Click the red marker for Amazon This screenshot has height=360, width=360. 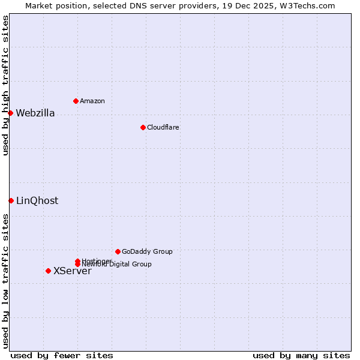(76, 101)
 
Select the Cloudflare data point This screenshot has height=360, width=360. (143, 127)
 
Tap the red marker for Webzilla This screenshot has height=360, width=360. (10, 113)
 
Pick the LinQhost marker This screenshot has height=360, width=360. (11, 200)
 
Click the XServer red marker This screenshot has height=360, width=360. (48, 271)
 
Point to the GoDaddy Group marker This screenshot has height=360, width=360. (118, 251)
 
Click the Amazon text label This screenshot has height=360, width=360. (92, 101)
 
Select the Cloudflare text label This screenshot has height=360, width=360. (163, 127)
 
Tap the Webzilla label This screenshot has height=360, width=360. (35, 113)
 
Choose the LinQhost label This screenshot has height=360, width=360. (37, 200)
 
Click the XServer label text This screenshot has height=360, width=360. (72, 271)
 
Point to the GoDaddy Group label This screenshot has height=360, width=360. (147, 251)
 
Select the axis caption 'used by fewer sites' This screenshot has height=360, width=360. (62, 355)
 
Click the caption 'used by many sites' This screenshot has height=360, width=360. (301, 355)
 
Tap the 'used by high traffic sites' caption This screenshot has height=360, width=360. (5, 85)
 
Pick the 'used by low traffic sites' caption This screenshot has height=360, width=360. (5, 281)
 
